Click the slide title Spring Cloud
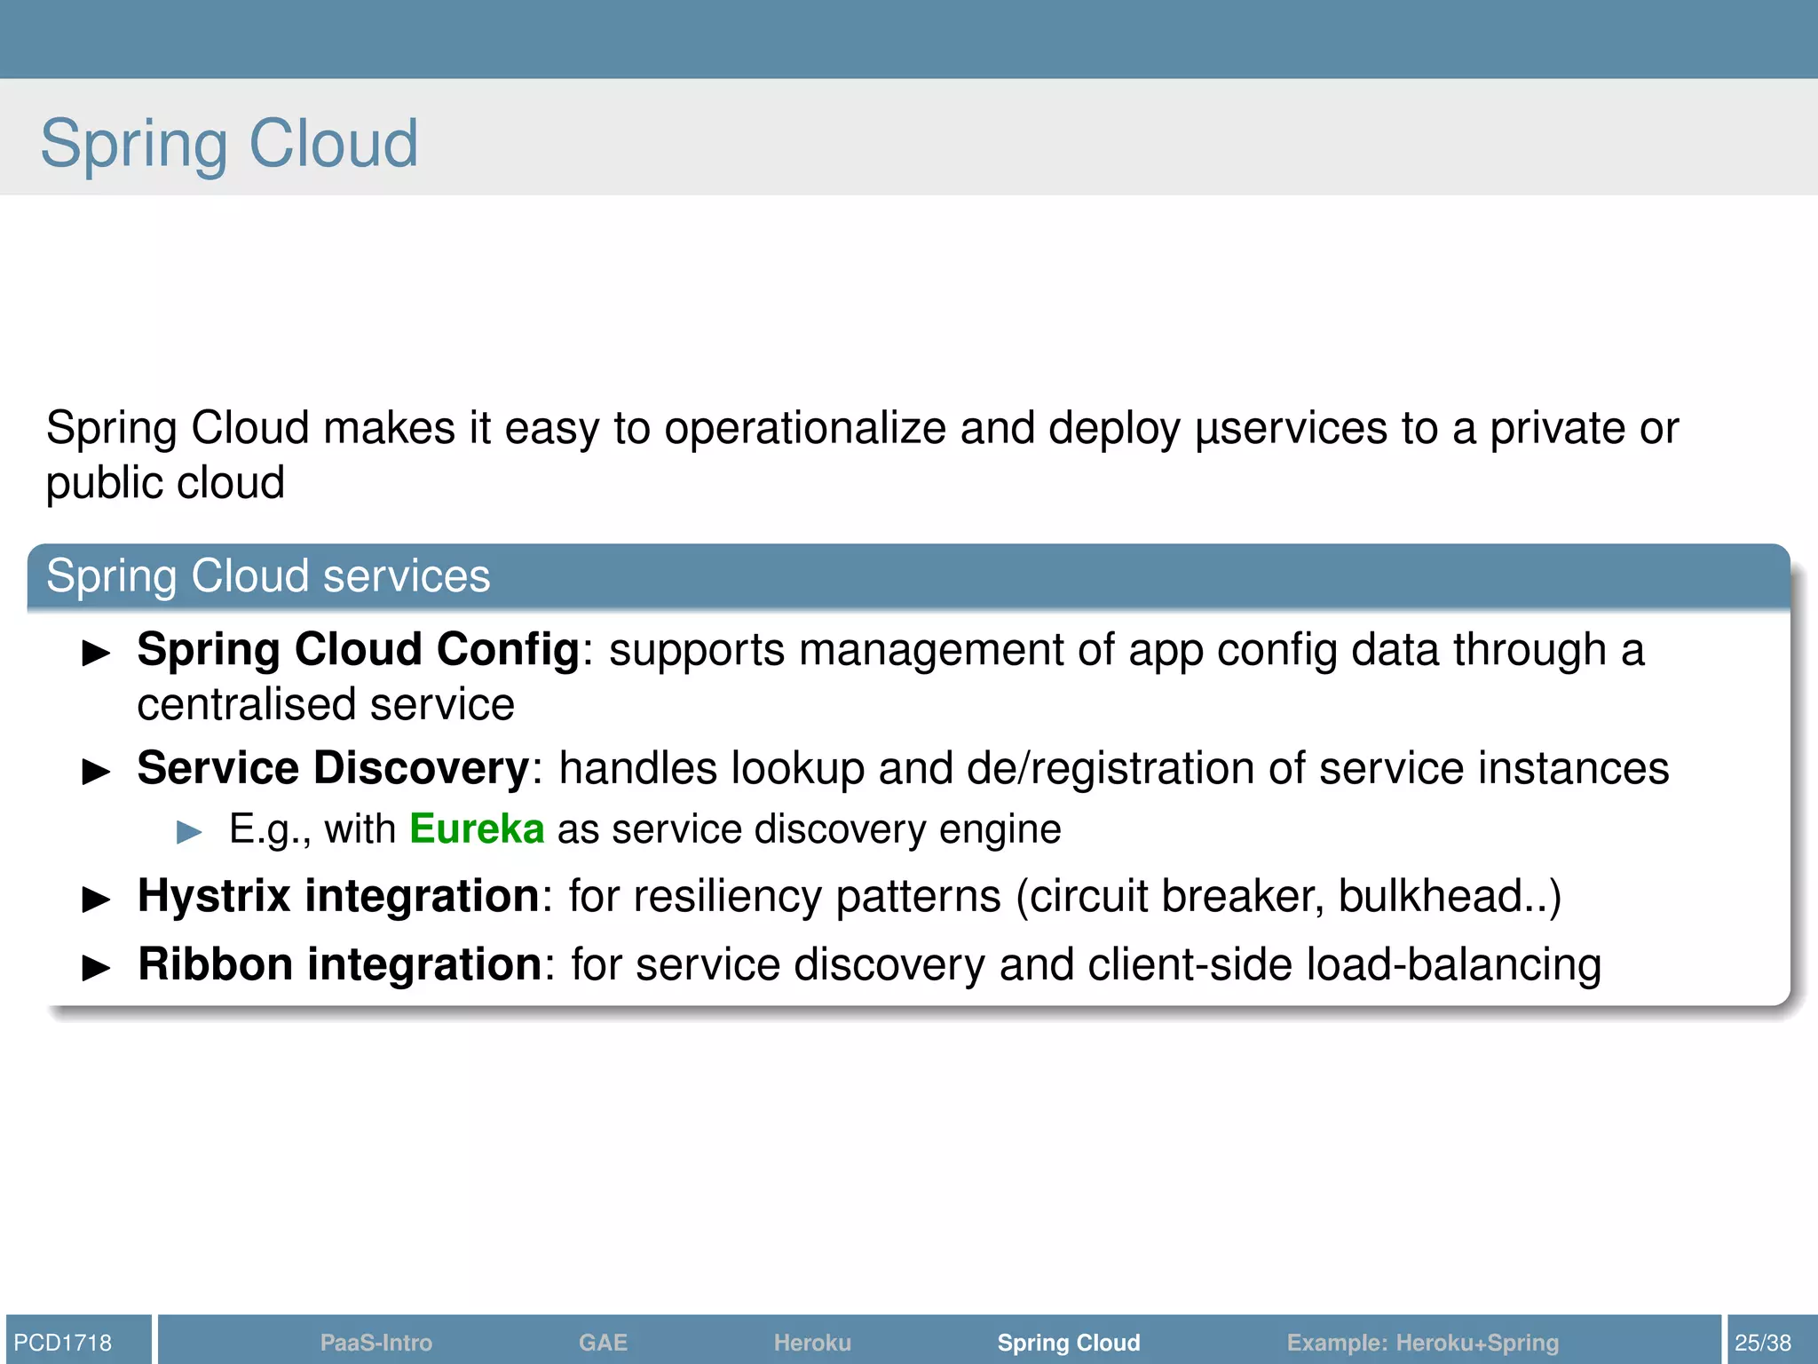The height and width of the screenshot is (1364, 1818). (x=229, y=144)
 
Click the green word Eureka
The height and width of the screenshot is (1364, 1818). (x=477, y=829)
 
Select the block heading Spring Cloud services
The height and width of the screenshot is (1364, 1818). (x=268, y=575)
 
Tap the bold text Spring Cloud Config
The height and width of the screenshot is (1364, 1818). (x=359, y=649)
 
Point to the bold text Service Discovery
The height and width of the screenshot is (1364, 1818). (x=334, y=768)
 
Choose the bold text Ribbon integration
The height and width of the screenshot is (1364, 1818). (x=340, y=964)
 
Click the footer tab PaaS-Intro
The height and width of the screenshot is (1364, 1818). (x=376, y=1342)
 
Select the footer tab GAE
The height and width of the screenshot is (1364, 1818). (x=603, y=1342)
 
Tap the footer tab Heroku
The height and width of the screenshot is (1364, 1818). (x=812, y=1342)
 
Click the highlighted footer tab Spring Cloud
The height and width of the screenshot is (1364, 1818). (x=1069, y=1342)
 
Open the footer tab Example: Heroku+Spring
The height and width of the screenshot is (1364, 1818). (x=1423, y=1342)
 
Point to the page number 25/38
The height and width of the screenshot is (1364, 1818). (x=1763, y=1342)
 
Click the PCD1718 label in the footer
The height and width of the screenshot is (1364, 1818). (x=63, y=1342)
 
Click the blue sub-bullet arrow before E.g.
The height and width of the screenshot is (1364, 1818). (x=189, y=832)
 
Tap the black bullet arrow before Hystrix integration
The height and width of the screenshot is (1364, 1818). (x=96, y=899)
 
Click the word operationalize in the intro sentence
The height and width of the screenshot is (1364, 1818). (x=805, y=429)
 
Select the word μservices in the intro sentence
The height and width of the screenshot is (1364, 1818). (x=1292, y=429)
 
